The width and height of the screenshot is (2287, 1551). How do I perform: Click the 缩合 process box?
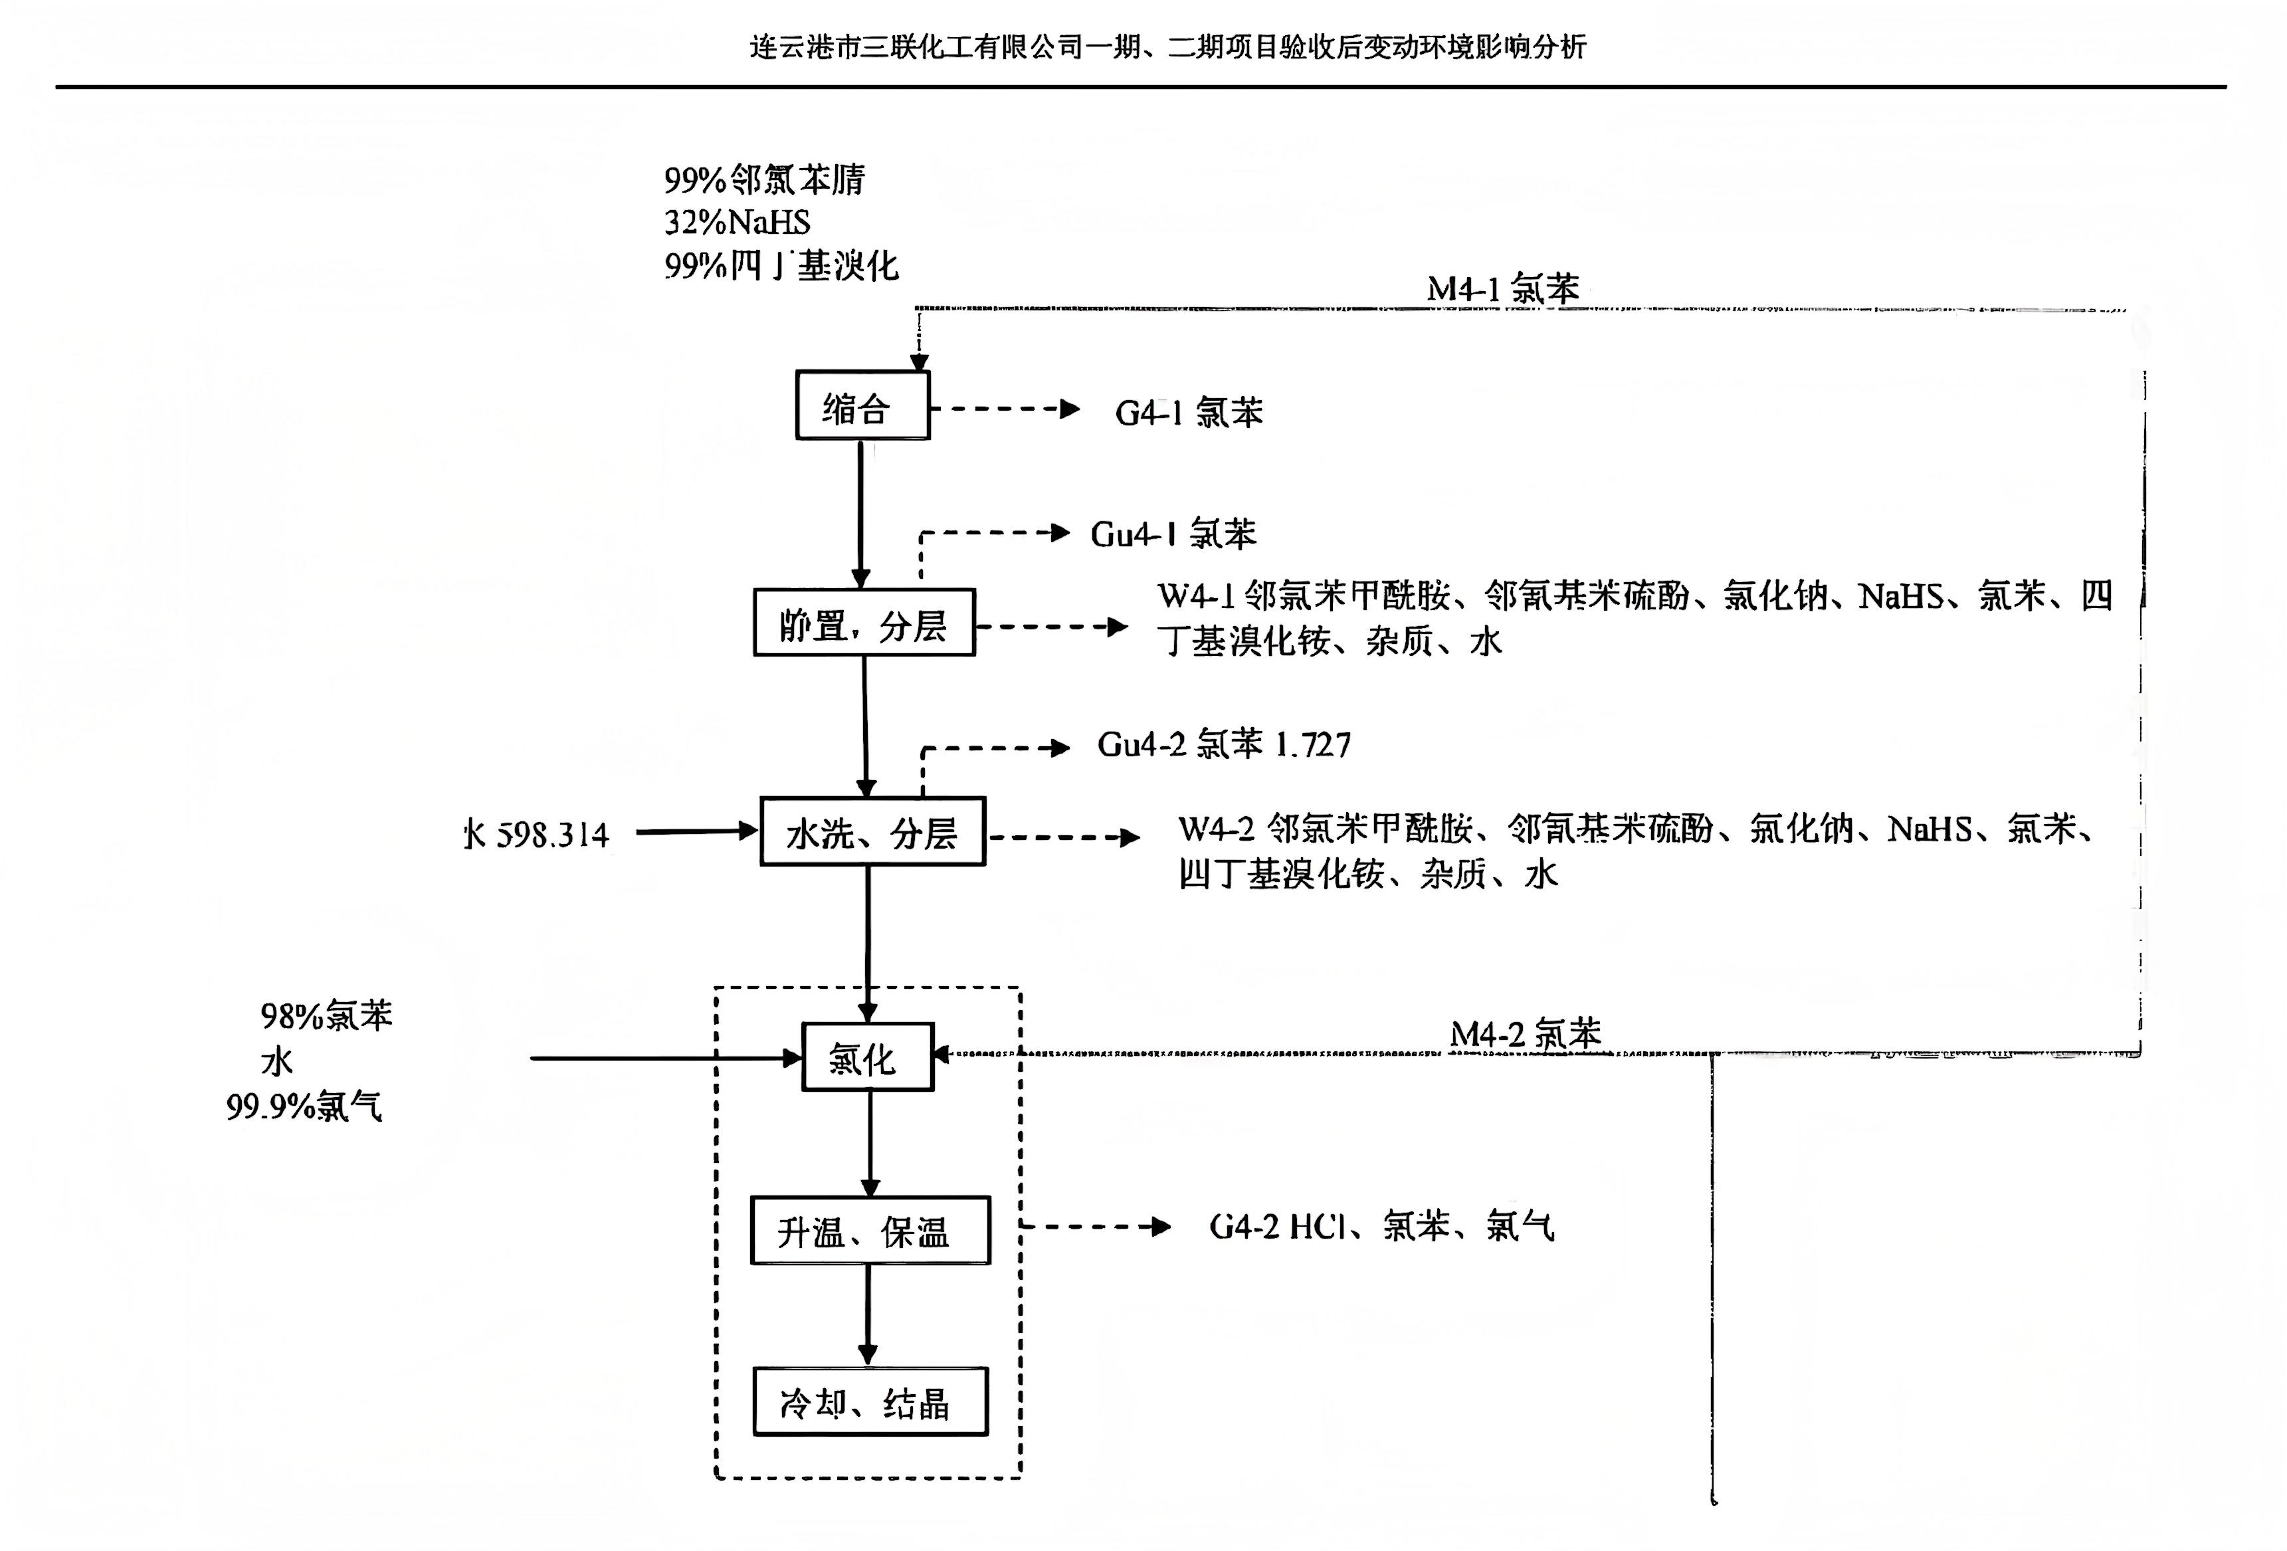point(862,405)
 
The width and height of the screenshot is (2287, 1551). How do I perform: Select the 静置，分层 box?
point(864,623)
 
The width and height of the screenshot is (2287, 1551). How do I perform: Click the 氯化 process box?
point(867,1058)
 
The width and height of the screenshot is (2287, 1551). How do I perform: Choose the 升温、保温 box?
point(869,1230)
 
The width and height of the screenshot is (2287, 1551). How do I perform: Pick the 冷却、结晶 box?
point(870,1401)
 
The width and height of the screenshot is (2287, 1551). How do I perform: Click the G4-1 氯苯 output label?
point(1188,413)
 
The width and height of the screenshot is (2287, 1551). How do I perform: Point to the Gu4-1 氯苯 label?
point(1172,534)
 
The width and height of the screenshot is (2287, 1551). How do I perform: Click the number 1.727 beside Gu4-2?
point(1313,745)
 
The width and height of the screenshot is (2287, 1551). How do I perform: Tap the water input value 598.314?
point(552,835)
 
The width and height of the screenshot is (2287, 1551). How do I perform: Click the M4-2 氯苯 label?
point(1526,1033)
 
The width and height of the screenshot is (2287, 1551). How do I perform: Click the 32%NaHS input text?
point(737,223)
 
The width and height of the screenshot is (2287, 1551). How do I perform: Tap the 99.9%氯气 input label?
point(304,1107)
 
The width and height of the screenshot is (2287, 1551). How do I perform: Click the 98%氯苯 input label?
point(326,1015)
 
